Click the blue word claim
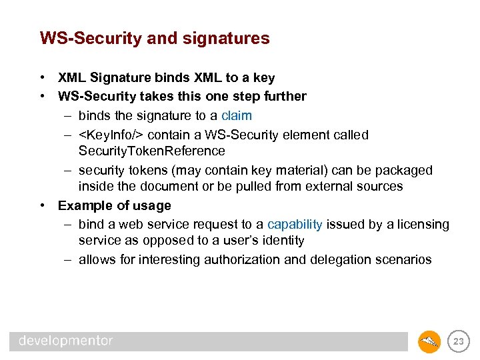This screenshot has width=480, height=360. [237, 115]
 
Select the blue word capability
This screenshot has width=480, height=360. [295, 225]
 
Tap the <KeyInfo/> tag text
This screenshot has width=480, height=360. [111, 135]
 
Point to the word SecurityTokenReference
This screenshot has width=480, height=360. [151, 151]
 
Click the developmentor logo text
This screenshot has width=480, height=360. [66, 341]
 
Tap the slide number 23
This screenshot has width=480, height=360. [458, 341]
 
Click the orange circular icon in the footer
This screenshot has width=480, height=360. [429, 341]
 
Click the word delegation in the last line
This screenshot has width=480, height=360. [357, 259]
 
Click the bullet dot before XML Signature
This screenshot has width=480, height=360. [42, 78]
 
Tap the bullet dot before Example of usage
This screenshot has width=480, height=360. [42, 205]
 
